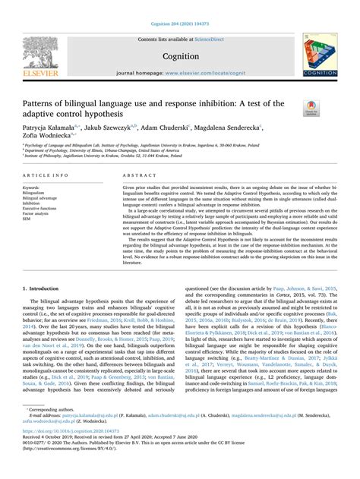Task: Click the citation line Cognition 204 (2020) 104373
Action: [x=179, y=7]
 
